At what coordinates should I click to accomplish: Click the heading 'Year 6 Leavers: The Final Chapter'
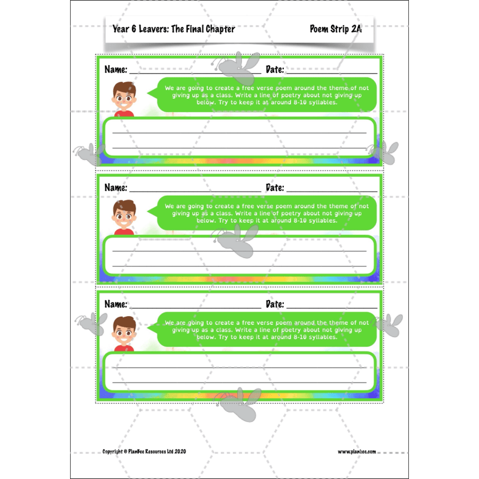(x=174, y=29)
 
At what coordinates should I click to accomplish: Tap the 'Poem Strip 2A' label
(x=336, y=29)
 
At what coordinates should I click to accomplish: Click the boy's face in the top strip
(x=125, y=97)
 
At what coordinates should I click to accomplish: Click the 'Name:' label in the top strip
(x=116, y=70)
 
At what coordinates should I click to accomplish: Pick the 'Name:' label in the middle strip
(x=116, y=187)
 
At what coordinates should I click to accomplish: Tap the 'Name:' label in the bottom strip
(x=116, y=304)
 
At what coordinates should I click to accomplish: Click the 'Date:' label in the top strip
(x=275, y=70)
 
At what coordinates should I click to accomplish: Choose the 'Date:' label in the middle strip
(x=275, y=187)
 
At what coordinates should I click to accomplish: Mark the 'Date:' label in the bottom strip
(x=275, y=304)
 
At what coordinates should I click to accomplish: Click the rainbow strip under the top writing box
(x=239, y=161)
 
